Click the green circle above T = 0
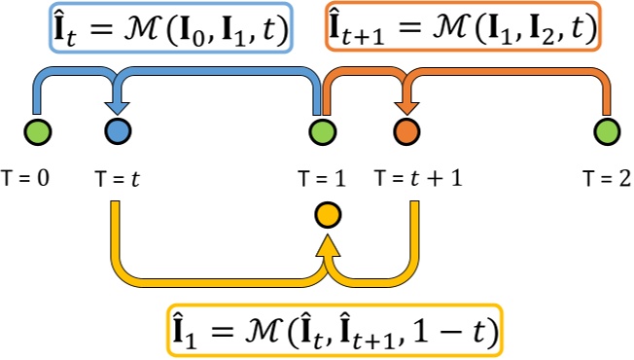point(39,130)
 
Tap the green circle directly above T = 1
point(321,130)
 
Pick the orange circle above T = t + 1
point(406,130)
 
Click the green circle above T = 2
point(608,130)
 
